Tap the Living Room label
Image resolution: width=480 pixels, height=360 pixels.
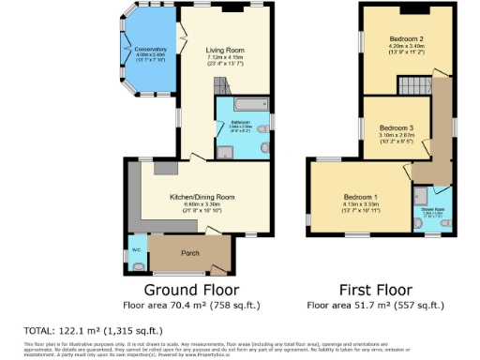click(x=226, y=50)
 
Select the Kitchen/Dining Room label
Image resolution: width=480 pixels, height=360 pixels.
click(x=202, y=197)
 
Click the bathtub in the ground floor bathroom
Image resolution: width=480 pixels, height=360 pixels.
click(x=244, y=106)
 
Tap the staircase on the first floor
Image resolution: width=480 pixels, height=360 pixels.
click(x=412, y=87)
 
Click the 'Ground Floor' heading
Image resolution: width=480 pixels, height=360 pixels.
click(x=190, y=290)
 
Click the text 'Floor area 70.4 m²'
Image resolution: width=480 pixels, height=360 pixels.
click(x=190, y=305)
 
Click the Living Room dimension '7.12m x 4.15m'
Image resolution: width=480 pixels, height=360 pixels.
click(x=226, y=57)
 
